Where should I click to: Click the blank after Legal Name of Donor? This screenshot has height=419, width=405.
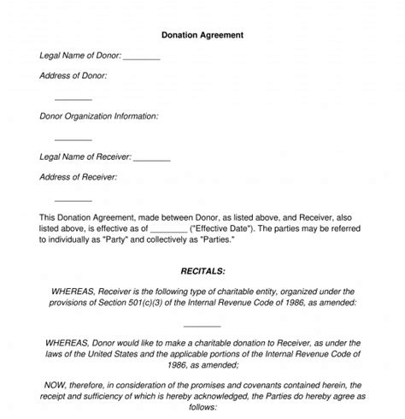[x=141, y=58]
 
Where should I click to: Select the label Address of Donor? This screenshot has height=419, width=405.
[x=73, y=75]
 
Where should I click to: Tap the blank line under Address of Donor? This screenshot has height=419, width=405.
[x=73, y=98]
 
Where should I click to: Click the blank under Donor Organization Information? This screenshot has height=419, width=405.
[x=73, y=139]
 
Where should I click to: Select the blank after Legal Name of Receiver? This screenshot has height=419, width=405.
[x=151, y=158]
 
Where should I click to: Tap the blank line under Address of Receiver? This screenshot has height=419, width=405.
[x=73, y=199]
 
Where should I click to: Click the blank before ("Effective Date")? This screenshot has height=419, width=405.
[x=167, y=229]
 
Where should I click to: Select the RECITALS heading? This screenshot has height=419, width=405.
[x=202, y=270]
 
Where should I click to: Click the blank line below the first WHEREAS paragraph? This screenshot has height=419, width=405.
[x=202, y=325]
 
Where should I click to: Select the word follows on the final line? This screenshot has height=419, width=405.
[x=202, y=409]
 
